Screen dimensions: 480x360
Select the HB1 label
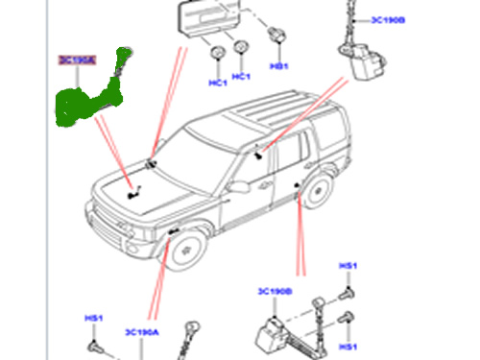(279, 66)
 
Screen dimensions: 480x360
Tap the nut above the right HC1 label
(241, 49)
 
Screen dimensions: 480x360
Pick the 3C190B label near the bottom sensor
(275, 290)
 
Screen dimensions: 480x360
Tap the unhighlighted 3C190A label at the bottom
(141, 331)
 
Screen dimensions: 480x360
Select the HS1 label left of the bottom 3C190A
(93, 315)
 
